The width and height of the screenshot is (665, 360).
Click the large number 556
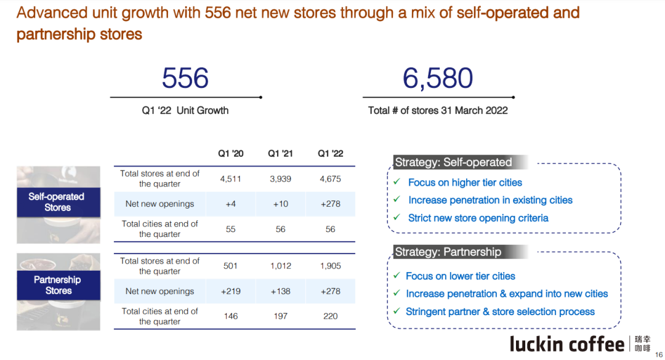(185, 79)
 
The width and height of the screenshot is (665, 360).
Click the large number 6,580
(438, 79)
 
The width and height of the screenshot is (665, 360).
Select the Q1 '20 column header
(230, 153)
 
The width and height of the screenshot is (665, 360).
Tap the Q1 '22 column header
(330, 153)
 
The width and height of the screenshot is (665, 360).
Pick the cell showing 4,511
(230, 179)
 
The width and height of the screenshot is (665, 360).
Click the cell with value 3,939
(280, 179)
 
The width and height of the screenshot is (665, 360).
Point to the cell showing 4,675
(330, 179)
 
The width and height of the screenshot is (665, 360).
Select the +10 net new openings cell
(280, 204)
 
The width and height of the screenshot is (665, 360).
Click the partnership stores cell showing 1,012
(280, 266)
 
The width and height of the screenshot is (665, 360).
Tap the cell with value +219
(230, 291)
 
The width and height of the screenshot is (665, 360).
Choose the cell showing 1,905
(330, 266)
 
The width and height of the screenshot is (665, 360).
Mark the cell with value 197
(280, 316)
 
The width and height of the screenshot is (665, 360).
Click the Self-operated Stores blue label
(58, 202)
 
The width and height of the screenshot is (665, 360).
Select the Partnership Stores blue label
(58, 285)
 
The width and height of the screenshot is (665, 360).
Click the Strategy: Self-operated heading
(454, 162)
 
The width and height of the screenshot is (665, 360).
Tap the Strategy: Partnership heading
(448, 252)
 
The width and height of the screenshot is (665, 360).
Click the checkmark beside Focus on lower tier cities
(397, 276)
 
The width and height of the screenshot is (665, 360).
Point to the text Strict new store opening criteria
(478, 218)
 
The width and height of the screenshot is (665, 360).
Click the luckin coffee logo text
(566, 343)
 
